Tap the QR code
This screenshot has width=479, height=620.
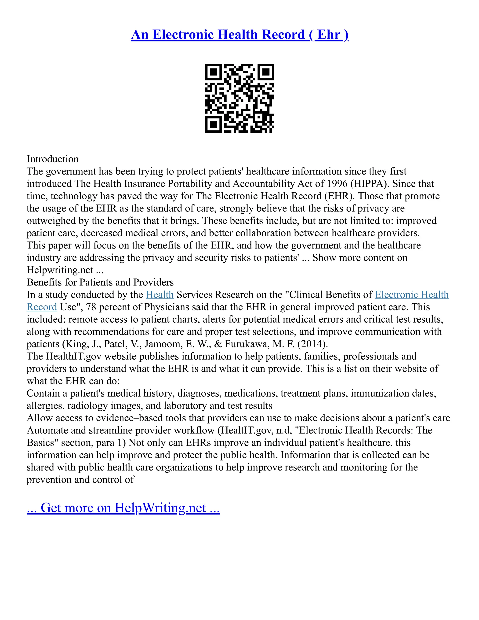point(239,98)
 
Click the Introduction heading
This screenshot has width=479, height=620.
point(53,159)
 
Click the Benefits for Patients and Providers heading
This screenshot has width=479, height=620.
point(100,282)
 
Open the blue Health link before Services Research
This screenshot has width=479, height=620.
point(160,295)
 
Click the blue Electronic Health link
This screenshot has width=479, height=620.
point(412,295)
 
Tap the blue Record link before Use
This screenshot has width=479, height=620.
point(42,307)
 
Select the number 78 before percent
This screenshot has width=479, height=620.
point(91,307)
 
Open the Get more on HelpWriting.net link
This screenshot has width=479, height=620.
point(123,508)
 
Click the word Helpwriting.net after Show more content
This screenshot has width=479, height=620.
point(60,270)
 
